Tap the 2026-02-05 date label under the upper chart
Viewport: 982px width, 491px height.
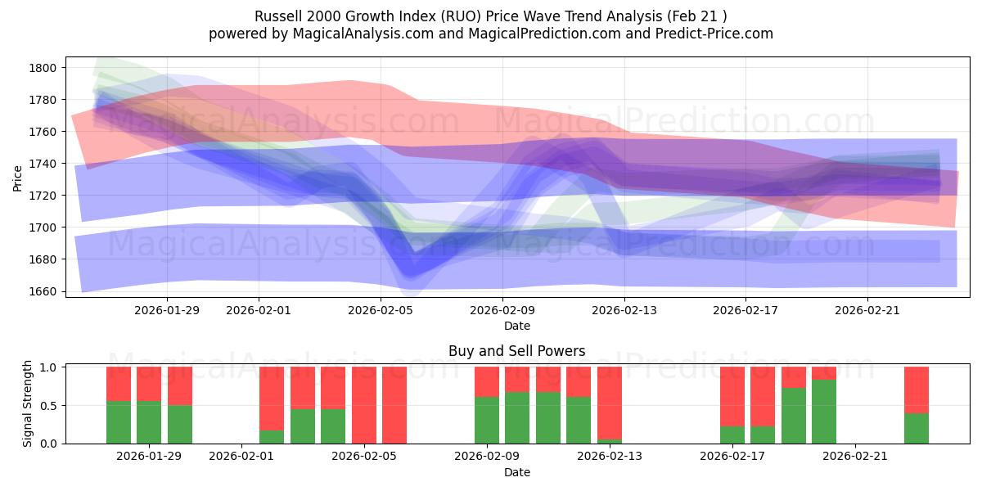tap(381, 309)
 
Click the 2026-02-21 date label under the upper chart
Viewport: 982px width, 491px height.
tap(867, 309)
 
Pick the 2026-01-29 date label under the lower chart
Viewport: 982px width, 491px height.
tap(150, 457)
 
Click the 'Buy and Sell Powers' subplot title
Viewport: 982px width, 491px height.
tap(516, 351)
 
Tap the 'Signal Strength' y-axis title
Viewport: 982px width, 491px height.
tap(28, 404)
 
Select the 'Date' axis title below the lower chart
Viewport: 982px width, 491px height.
tap(516, 472)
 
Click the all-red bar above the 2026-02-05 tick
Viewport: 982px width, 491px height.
tap(364, 405)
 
